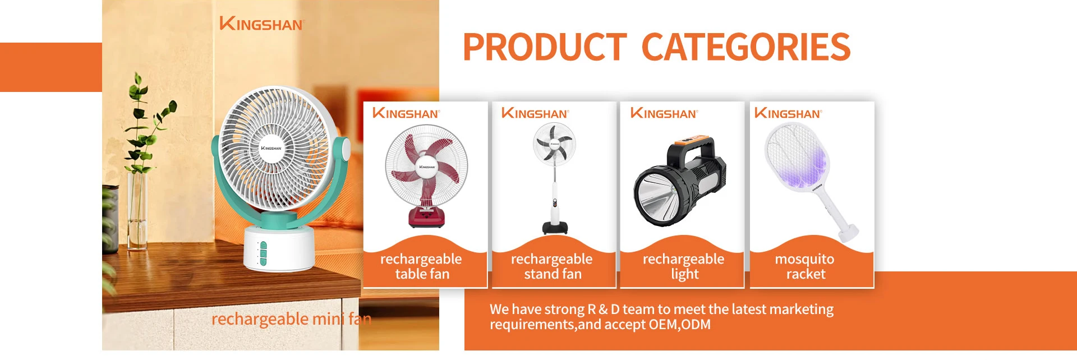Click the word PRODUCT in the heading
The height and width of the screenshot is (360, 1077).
[544, 47]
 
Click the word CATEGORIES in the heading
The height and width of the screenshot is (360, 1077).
[746, 47]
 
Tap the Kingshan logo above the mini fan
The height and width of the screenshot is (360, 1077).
[261, 24]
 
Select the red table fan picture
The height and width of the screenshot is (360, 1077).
[426, 176]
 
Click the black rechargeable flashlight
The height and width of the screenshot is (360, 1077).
[679, 181]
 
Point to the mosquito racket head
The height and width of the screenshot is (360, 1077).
[795, 156]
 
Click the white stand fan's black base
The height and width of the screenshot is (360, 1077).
[555, 227]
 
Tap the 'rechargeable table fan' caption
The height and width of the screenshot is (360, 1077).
[422, 266]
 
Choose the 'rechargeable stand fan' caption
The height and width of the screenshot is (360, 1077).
[552, 266]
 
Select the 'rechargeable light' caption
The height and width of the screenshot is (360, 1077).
[684, 266]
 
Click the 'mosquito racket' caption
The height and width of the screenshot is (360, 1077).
[805, 266]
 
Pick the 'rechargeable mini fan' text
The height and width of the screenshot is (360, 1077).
[291, 319]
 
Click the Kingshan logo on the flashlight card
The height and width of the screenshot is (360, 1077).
[664, 113]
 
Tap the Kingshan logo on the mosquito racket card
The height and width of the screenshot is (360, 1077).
[788, 113]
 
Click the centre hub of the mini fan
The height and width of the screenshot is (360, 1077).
[271, 148]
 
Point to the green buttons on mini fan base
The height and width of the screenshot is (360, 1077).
[263, 253]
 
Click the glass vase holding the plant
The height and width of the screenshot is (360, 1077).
[137, 211]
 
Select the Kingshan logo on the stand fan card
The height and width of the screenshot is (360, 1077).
[535, 113]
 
